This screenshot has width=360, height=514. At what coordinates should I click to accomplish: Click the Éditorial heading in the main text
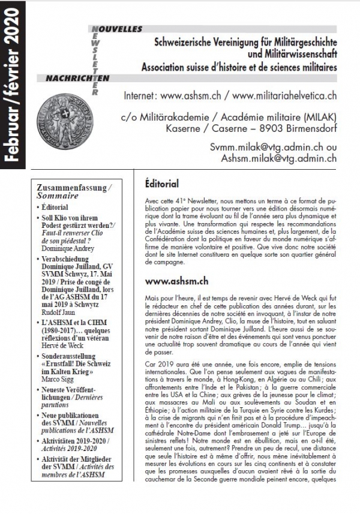pos(163,182)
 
